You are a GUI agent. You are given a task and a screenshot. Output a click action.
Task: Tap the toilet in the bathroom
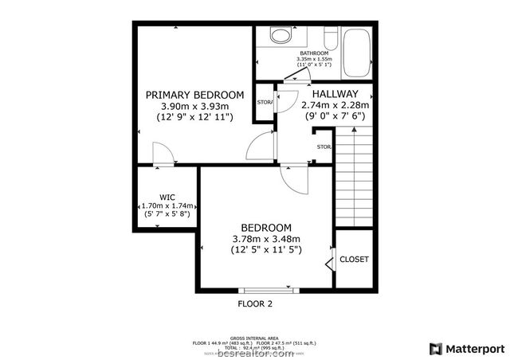tap(280, 36)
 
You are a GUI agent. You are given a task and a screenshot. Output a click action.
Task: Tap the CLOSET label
tap(353, 260)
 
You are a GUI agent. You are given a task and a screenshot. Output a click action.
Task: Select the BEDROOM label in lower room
tap(265, 226)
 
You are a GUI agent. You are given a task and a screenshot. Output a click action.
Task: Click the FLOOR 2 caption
tap(255, 303)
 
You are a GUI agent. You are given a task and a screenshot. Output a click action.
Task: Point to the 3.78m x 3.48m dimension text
tap(265, 238)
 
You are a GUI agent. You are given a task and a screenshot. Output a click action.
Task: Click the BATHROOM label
tap(312, 53)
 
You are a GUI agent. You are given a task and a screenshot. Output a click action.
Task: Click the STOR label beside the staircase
tap(324, 147)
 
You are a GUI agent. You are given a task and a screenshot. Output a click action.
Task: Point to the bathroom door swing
tap(296, 76)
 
